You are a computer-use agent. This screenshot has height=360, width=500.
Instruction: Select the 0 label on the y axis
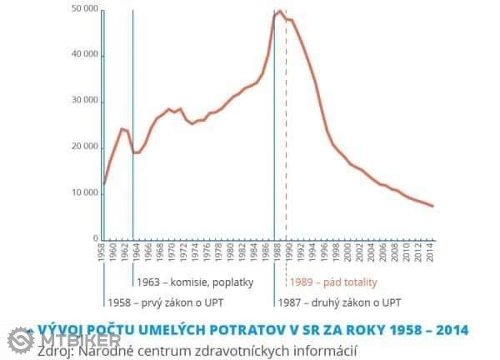(x=96, y=238)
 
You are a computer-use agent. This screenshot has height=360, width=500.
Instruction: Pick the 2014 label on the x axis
(x=429, y=252)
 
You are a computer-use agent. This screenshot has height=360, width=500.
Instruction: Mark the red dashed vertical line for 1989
(x=286, y=125)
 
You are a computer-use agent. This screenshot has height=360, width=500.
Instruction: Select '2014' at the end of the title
(x=451, y=330)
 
